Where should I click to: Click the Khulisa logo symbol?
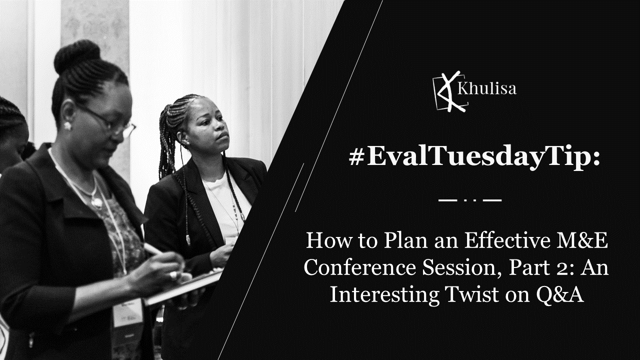coord(450,91)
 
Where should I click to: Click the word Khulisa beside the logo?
coord(487,88)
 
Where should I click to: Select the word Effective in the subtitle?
coord(507,240)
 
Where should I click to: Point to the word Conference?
coord(359,267)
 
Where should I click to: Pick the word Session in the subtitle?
coord(461,268)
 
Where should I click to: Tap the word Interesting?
coord(384,295)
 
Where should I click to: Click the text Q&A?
coord(559,295)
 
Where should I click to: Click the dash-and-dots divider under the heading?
coord(470,200)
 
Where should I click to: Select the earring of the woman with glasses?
coord(67,125)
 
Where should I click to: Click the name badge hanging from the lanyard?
coord(127,312)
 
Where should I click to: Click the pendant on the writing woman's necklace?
coord(97,202)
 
